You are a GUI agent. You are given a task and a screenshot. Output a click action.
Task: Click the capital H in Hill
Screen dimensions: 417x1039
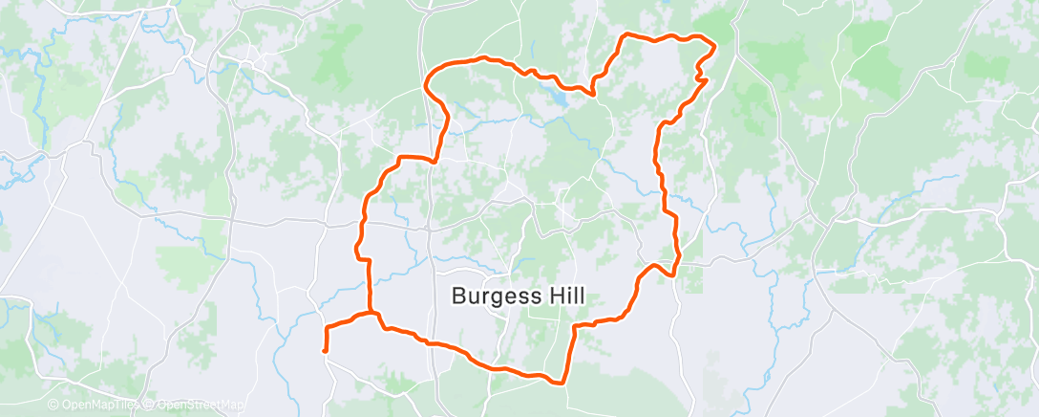pos(550,296)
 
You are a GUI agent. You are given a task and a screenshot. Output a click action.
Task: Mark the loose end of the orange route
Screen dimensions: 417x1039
pos(326,351)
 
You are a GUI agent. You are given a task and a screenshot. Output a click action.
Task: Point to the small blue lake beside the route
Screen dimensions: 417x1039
pos(560,97)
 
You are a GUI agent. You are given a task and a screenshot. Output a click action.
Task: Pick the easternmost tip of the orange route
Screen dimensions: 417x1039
pos(714,44)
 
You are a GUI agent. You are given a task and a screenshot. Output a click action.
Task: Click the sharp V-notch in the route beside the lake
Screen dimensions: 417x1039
pos(595,94)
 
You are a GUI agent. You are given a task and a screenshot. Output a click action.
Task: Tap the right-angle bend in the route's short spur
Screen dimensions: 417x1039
pos(328,328)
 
